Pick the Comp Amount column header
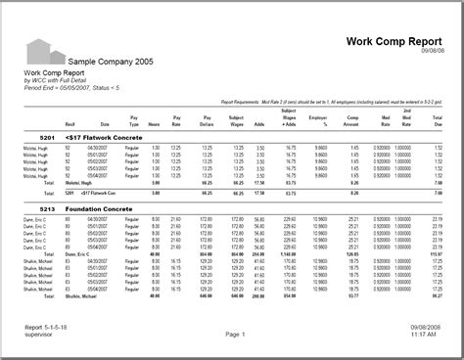coord(350,123)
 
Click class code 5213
coord(33,207)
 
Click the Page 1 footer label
coord(234,334)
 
